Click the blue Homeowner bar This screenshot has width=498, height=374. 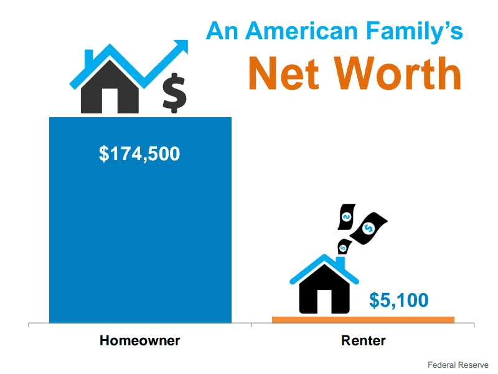click(140, 220)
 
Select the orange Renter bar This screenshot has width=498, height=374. click(363, 320)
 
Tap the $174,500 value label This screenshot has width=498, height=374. click(139, 154)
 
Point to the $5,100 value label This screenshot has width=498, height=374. click(399, 300)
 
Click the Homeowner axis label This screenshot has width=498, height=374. click(139, 340)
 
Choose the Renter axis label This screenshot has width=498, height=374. click(364, 340)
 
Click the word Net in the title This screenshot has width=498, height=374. click(283, 74)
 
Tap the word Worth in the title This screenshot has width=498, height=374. click(398, 73)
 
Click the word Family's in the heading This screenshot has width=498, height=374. click(415, 32)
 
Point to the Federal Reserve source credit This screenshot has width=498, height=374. click(458, 365)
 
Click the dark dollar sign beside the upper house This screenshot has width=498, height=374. click(174, 93)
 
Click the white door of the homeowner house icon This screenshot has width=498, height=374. click(110, 101)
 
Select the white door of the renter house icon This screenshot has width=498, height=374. click(324, 302)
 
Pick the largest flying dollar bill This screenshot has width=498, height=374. click(369, 228)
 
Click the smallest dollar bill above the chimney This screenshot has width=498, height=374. click(344, 247)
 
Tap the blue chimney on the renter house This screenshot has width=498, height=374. click(341, 263)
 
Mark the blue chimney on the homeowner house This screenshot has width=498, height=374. click(89, 57)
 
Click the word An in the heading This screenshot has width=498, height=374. click(222, 31)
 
